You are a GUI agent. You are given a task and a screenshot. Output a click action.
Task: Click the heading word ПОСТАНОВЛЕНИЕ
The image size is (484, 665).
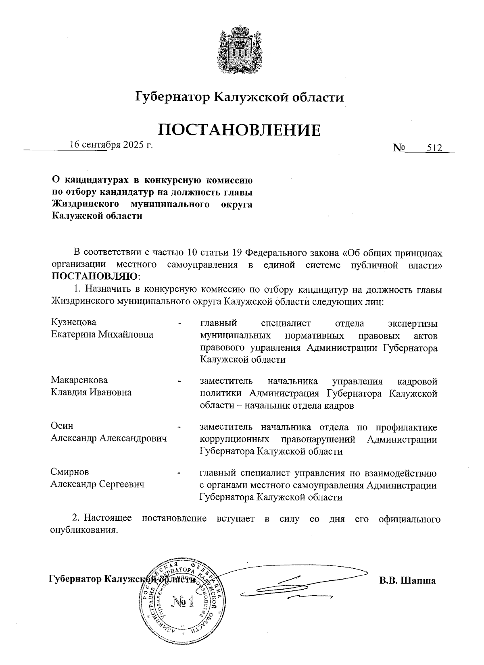239,129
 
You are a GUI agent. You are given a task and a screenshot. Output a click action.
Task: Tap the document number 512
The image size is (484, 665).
434,148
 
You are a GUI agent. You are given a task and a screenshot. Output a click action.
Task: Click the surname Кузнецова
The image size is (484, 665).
74,322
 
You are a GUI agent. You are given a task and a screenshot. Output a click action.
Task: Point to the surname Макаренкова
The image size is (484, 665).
79,380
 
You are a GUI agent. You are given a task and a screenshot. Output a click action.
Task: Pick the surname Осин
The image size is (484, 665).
62,426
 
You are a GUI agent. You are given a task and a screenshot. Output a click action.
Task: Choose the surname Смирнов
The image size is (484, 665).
70,472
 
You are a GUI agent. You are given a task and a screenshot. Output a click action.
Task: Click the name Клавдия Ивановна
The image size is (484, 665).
91,392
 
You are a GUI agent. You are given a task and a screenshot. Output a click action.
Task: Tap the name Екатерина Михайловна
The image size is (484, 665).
102,335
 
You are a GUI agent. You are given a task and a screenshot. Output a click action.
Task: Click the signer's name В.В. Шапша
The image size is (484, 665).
407,581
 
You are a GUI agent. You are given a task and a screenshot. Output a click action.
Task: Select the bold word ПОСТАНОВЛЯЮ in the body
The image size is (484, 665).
94,277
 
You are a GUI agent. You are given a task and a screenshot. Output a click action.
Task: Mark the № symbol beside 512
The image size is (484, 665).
399,148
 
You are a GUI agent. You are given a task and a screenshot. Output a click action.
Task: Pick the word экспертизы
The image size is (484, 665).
412,323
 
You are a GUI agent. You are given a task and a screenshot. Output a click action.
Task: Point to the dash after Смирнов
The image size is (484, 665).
180,473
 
